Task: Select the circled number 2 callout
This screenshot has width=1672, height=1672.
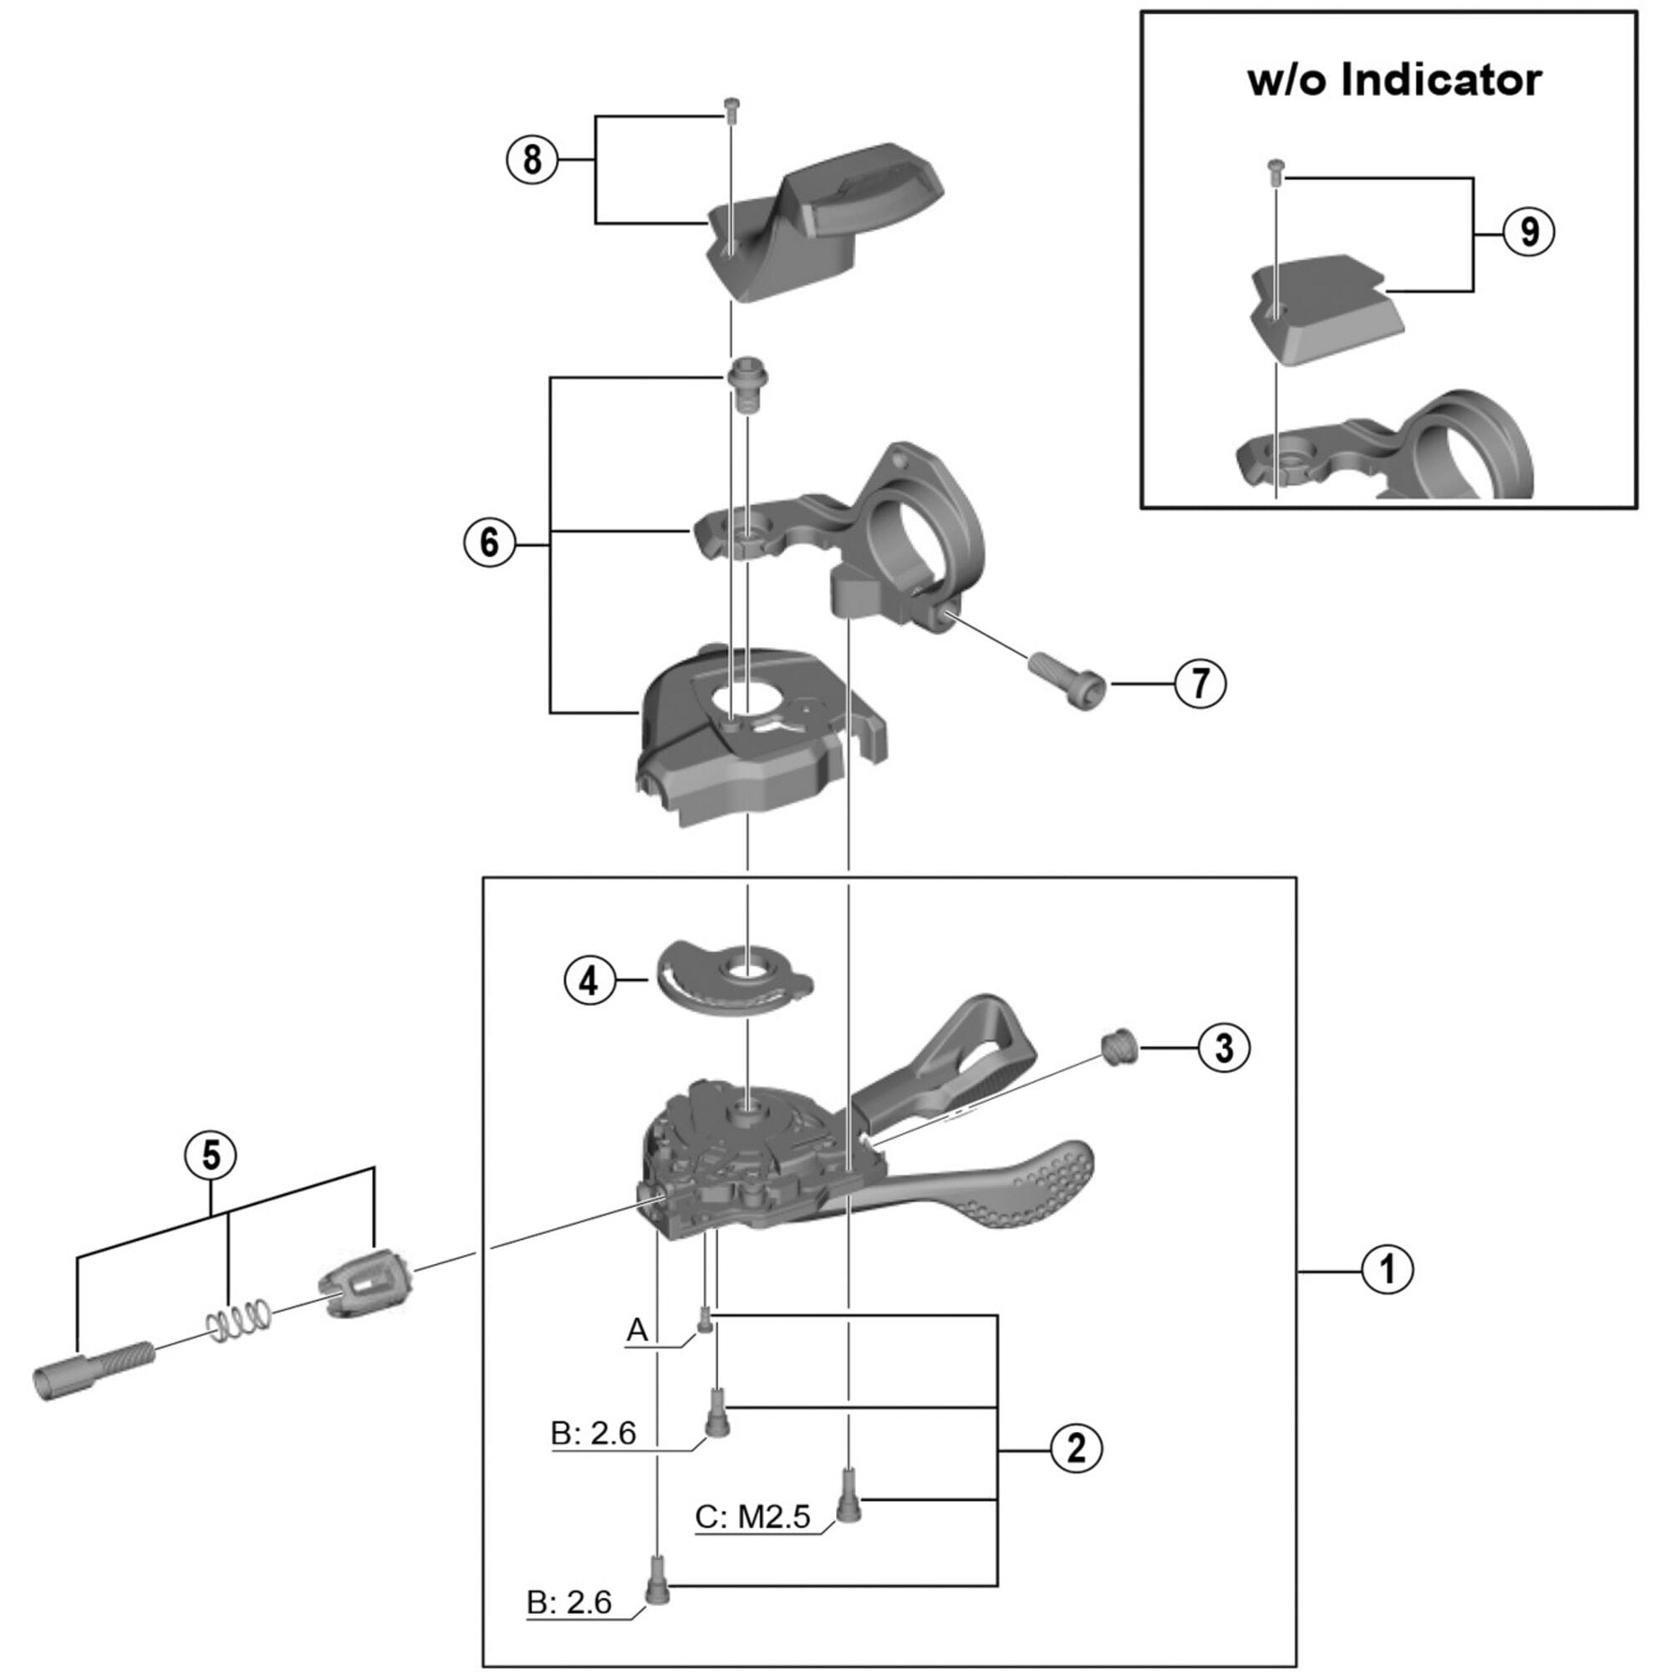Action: click(x=1077, y=1447)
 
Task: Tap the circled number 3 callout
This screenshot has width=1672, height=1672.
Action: click(x=1224, y=1048)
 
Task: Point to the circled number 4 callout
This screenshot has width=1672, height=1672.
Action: click(x=589, y=981)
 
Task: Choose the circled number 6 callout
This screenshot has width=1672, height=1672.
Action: click(x=490, y=543)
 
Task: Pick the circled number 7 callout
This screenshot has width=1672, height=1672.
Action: click(x=1200, y=685)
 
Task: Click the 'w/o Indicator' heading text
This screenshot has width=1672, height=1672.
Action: click(x=1394, y=80)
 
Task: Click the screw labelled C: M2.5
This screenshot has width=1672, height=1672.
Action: click(x=848, y=1499)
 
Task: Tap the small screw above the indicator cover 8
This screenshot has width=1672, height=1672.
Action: click(x=731, y=106)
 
